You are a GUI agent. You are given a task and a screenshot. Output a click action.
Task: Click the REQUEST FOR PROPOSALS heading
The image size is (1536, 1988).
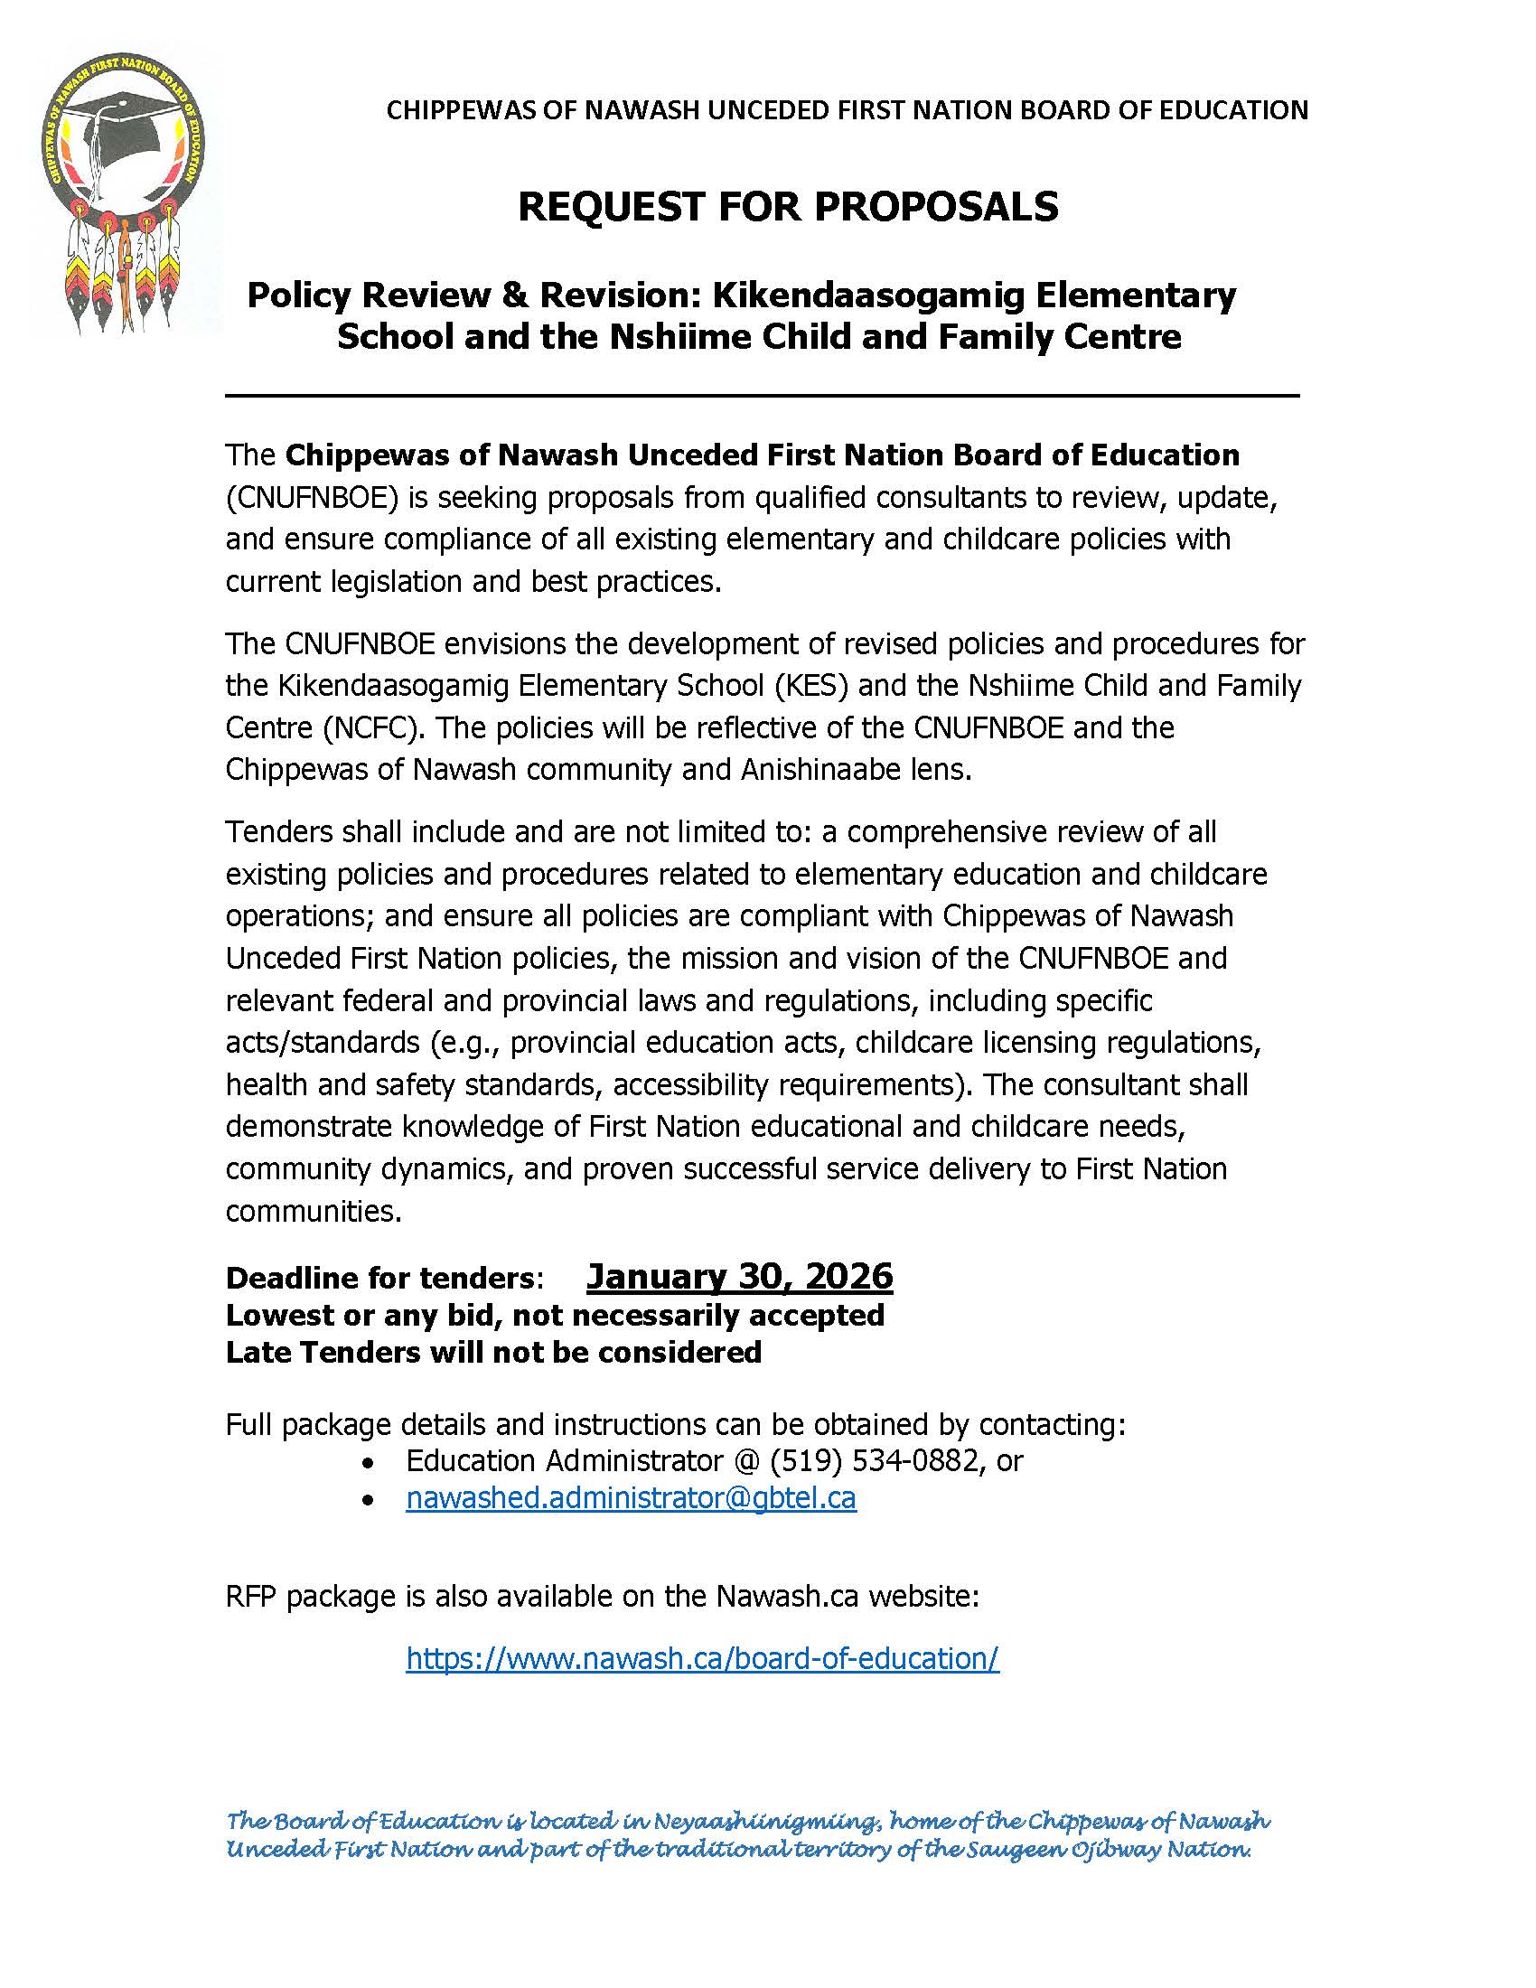pyautogui.click(x=788, y=207)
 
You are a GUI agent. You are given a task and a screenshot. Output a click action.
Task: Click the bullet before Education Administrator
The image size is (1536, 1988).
pyautogui.click(x=368, y=1462)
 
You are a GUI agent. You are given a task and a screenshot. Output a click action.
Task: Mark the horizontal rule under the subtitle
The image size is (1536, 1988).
pyautogui.click(x=763, y=396)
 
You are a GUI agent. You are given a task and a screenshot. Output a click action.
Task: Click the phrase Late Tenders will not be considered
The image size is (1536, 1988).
pyautogui.click(x=493, y=1352)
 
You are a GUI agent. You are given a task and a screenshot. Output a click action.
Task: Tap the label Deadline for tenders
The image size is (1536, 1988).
pyautogui.click(x=379, y=1278)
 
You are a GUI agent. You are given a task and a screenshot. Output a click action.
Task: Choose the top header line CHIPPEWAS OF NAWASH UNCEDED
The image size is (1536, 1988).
pyautogui.click(x=848, y=110)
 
